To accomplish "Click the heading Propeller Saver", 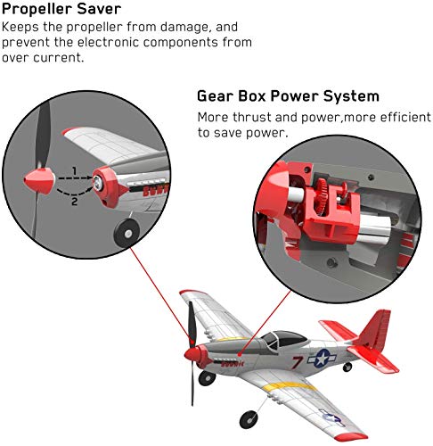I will pyautogui.click(x=61, y=9).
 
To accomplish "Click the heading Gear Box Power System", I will pyautogui.click(x=288, y=96).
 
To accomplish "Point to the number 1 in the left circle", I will pyautogui.click(x=75, y=169).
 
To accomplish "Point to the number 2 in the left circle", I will pyautogui.click(x=75, y=202).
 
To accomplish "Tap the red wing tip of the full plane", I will pyautogui.click(x=189, y=295).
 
